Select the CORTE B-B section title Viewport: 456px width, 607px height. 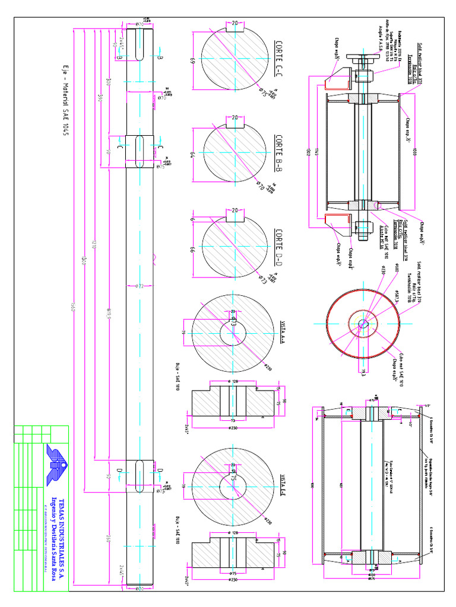point(279,152)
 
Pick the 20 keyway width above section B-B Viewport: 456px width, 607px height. point(235,117)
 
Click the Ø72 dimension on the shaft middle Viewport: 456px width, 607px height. point(141,286)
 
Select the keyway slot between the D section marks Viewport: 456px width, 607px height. point(140,471)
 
